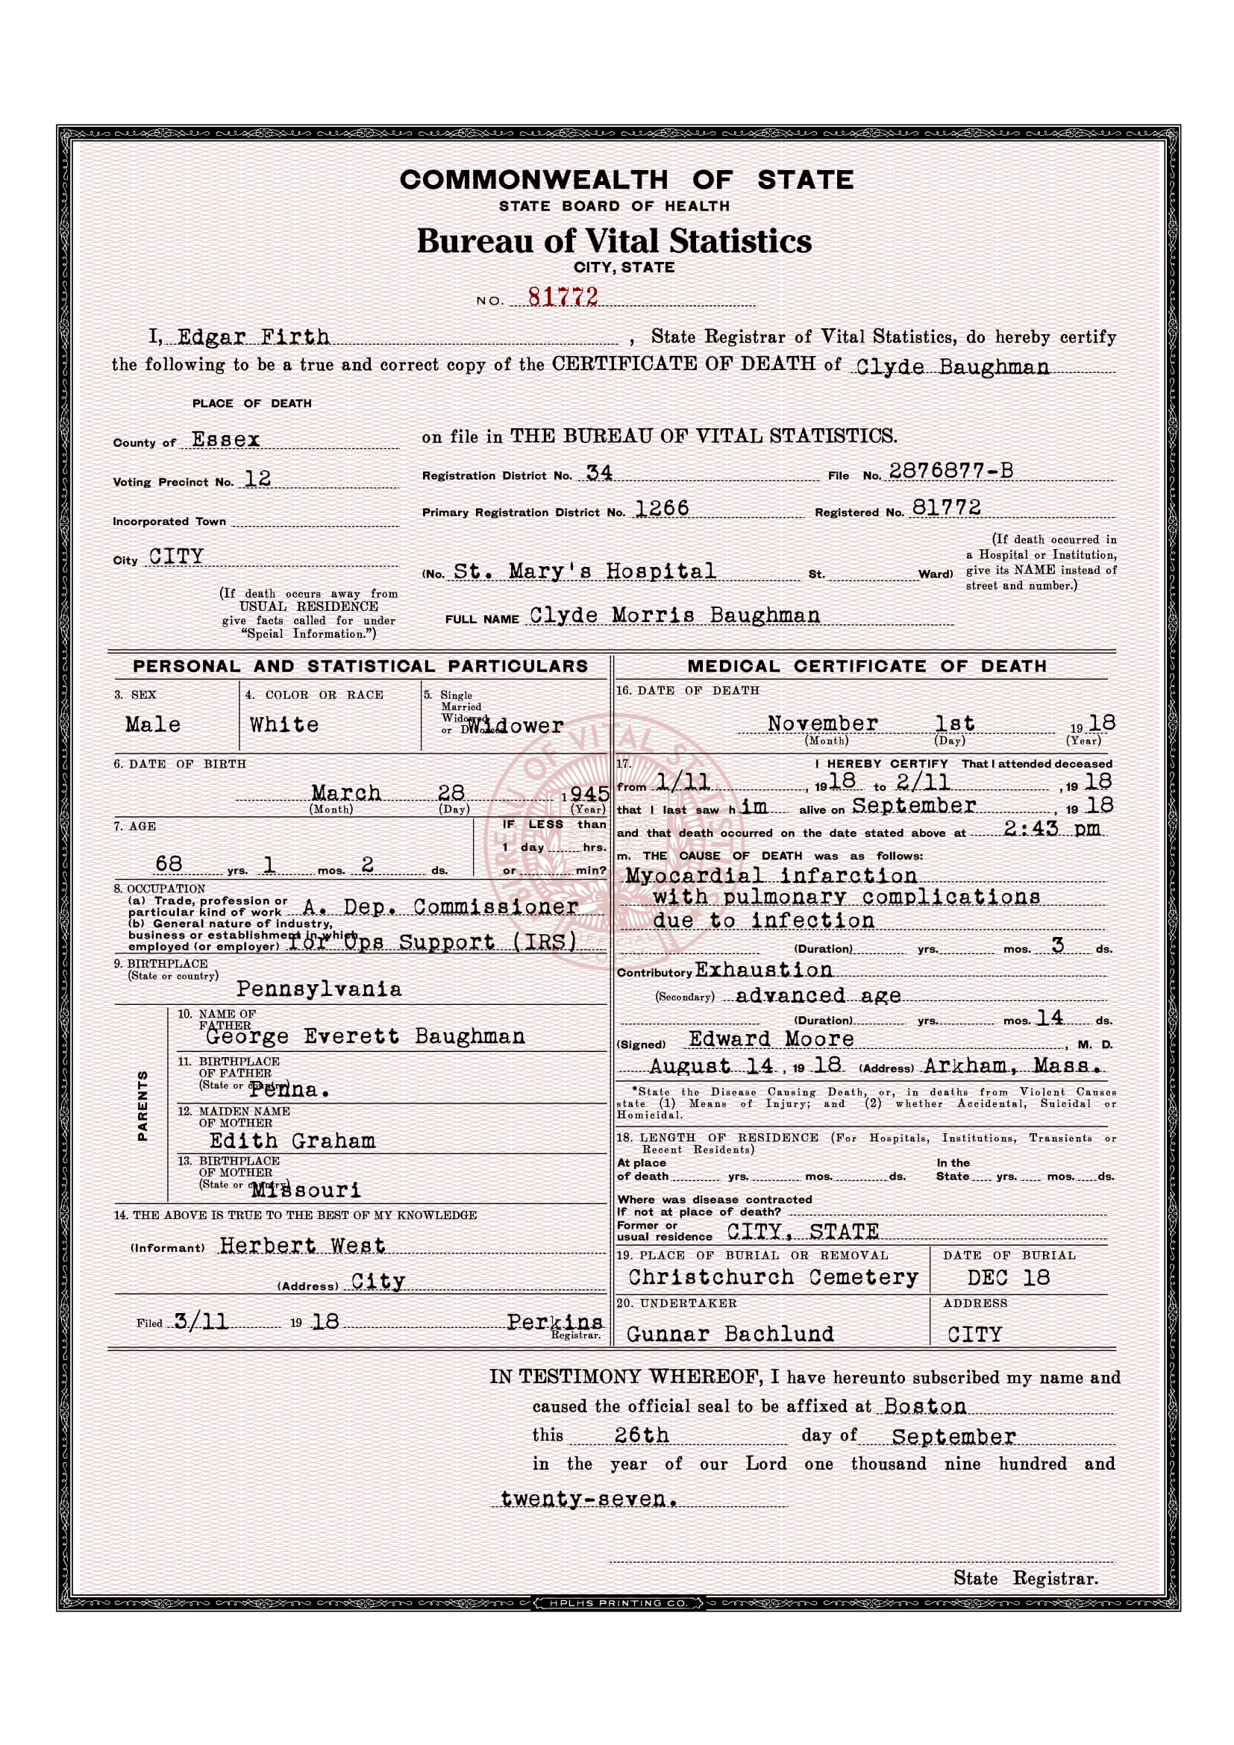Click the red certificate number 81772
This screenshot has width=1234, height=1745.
tap(563, 297)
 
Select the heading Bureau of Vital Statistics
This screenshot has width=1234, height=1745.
tap(614, 241)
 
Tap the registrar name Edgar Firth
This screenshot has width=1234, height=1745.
tap(253, 336)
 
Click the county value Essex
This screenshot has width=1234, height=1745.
tap(225, 439)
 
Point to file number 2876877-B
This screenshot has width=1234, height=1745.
tap(950, 471)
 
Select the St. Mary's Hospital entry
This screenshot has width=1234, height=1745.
tap(584, 571)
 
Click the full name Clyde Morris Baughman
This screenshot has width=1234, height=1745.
tap(674, 615)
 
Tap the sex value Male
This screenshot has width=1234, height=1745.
tap(153, 724)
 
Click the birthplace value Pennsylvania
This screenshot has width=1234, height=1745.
tap(319, 989)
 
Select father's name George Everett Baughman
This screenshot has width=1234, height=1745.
tap(365, 1037)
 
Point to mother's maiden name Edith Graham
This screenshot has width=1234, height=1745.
tap(292, 1141)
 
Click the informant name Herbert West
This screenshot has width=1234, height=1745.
tap(302, 1245)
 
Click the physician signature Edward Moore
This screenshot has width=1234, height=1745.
tap(771, 1039)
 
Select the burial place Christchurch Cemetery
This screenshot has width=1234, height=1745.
tap(773, 1276)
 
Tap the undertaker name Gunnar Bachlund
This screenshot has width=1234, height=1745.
tap(730, 1334)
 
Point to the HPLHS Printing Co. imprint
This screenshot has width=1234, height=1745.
tap(617, 1604)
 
